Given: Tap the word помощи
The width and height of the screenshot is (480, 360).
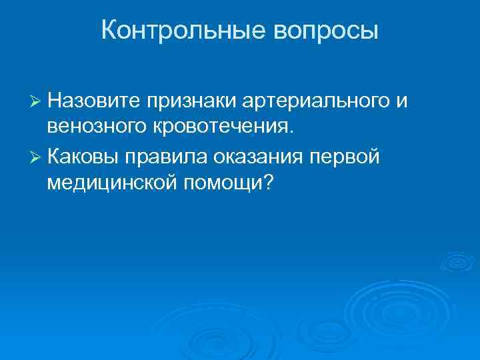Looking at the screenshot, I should pos(224,182).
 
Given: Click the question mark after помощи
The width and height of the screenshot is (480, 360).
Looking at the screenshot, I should pos(269,181).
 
